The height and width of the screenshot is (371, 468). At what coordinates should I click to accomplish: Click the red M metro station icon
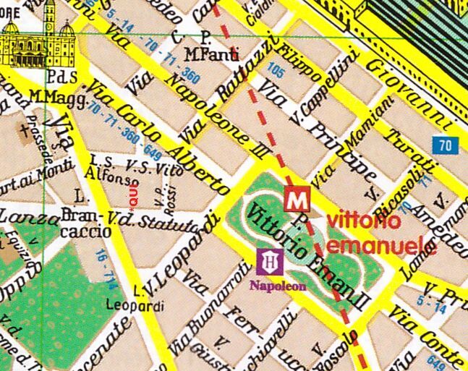tap(294, 198)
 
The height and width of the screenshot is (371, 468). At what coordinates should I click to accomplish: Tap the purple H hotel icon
tap(271, 261)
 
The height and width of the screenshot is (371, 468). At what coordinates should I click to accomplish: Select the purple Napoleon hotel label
tap(278, 285)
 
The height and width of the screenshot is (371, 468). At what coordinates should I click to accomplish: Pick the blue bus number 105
tap(276, 72)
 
